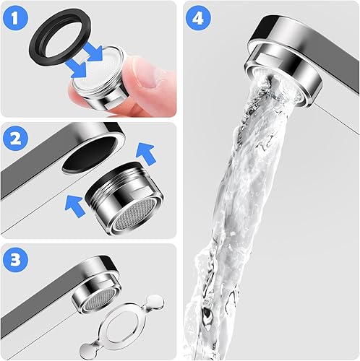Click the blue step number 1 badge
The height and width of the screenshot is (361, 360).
point(15,18)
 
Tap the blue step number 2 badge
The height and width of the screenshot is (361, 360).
point(15,139)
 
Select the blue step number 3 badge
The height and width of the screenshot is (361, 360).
point(15,260)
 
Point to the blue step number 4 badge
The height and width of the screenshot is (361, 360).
point(198,18)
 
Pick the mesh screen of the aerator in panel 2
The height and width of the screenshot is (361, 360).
point(134,217)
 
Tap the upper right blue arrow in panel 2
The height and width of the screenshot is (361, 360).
point(146,154)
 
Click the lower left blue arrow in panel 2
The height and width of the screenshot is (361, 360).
point(75,206)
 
